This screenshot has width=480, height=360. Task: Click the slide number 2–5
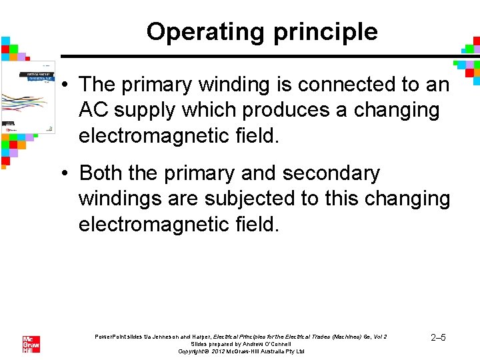438,338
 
